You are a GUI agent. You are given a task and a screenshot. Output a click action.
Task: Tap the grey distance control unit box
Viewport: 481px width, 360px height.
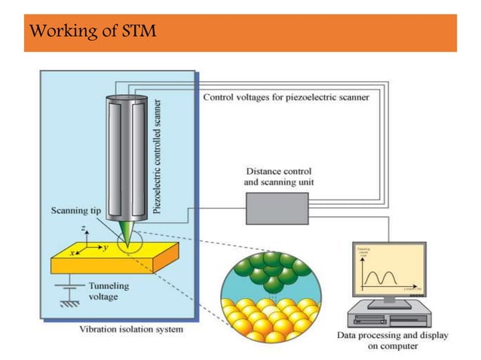tap(277, 208)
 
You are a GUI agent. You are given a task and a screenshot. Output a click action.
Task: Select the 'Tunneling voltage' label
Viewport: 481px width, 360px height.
tap(110, 291)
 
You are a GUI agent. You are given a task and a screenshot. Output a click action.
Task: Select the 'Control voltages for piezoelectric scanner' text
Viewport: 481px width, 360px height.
tap(286, 98)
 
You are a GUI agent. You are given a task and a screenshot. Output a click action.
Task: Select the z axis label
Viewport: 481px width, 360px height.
tap(84, 227)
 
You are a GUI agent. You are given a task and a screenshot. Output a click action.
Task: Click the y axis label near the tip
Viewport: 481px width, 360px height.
tap(106, 246)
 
